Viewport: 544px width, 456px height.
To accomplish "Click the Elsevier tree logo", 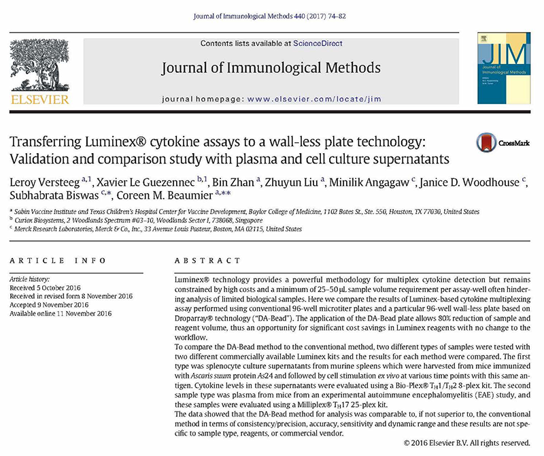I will click(40, 64).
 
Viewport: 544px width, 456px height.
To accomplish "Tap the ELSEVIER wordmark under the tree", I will click(40, 100).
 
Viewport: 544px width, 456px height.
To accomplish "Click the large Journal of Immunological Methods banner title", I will click(271, 68).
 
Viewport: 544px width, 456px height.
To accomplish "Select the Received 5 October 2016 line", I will click(48, 287).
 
